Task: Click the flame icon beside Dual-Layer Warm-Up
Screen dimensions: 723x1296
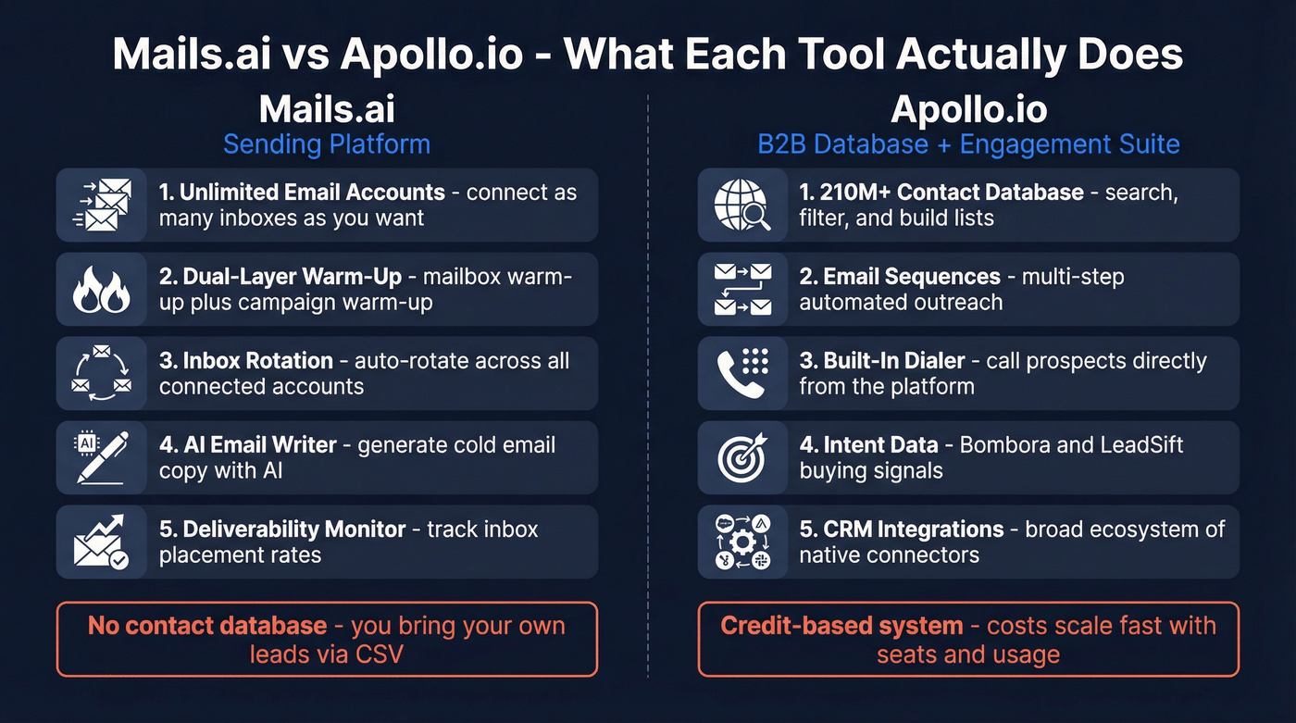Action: click(101, 289)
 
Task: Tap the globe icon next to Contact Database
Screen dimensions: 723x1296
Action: click(742, 205)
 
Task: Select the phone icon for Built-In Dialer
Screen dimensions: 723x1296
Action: click(742, 373)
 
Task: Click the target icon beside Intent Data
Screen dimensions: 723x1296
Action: click(742, 457)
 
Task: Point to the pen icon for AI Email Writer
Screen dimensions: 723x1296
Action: click(101, 457)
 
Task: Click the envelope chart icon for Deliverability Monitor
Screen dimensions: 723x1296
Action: click(101, 542)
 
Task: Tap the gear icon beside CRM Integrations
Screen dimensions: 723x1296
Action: click(742, 542)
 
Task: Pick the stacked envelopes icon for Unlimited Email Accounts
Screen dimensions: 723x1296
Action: click(101, 205)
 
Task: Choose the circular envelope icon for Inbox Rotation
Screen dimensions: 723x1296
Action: click(101, 373)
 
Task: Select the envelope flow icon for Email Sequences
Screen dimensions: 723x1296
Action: click(742, 289)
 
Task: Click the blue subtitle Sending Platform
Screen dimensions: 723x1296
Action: click(327, 144)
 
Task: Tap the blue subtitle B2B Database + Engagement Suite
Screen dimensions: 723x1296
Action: click(968, 144)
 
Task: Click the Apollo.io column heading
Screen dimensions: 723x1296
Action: click(968, 109)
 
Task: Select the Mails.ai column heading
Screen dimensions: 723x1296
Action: click(327, 109)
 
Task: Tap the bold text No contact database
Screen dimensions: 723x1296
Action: click(207, 626)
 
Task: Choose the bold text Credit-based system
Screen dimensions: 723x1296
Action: click(841, 626)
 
